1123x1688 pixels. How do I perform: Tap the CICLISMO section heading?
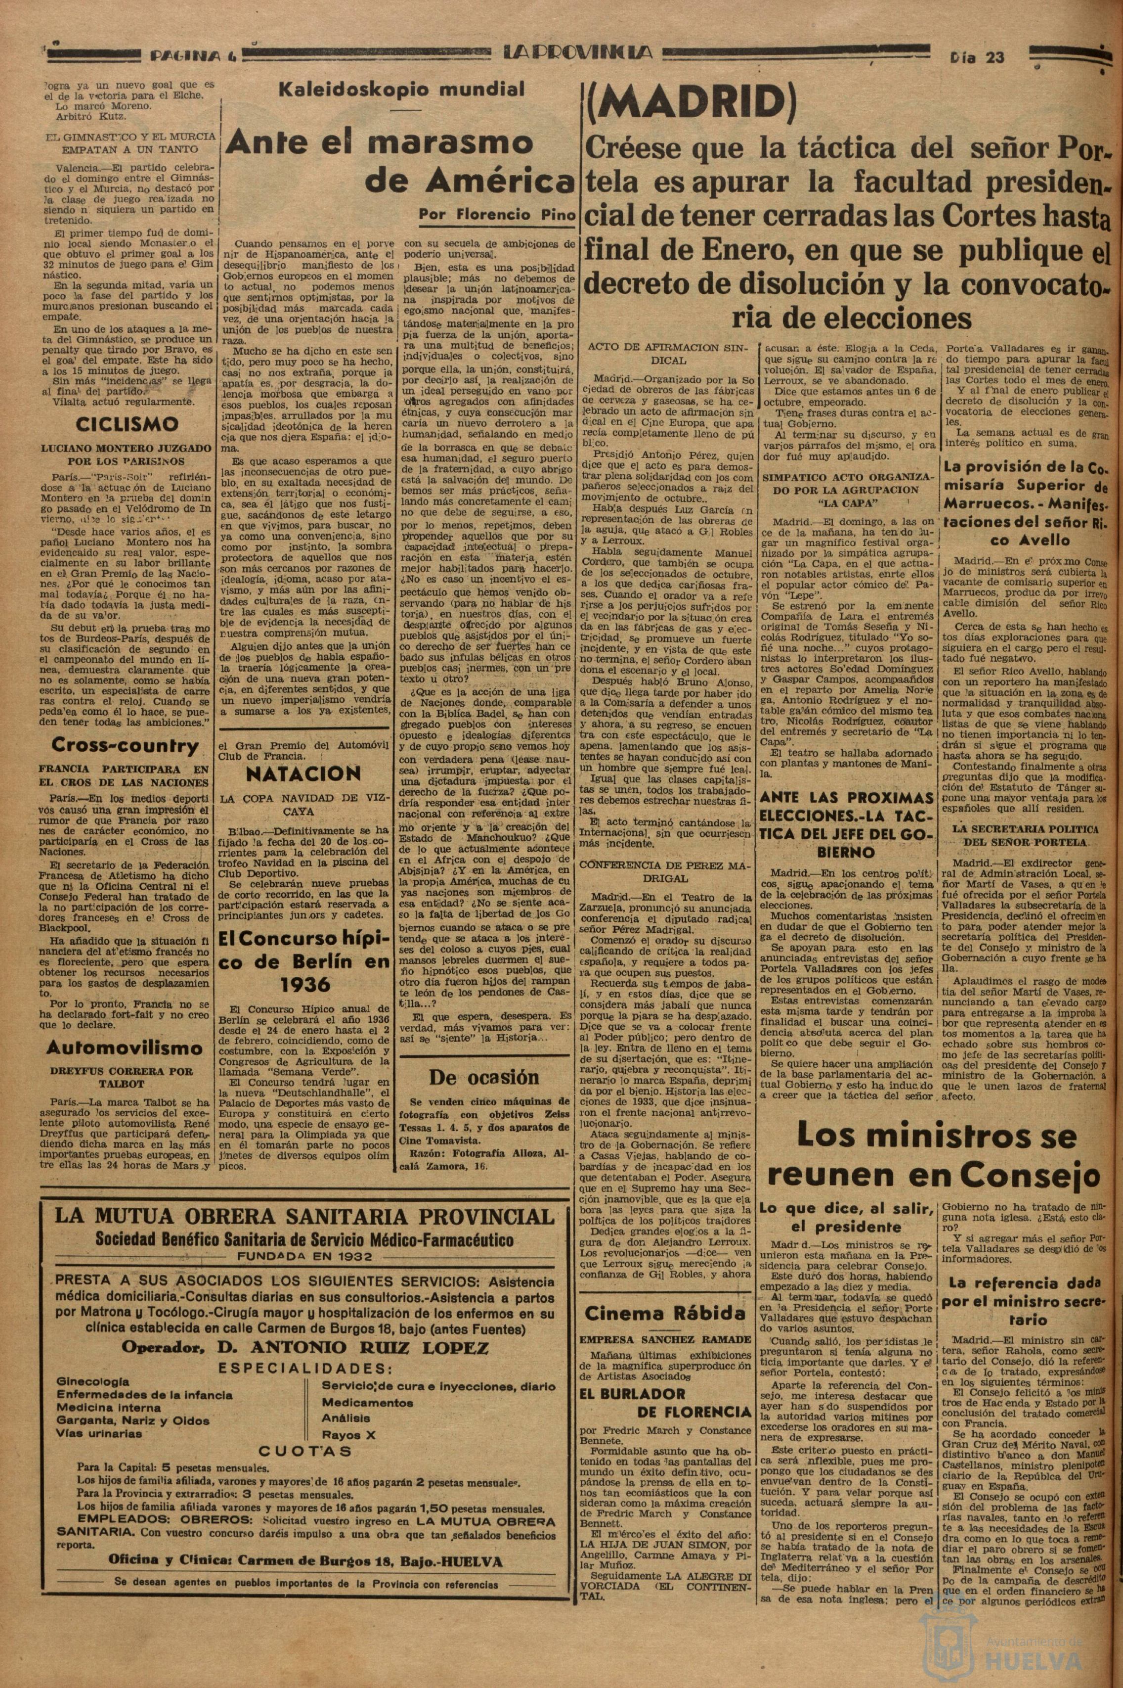tap(126, 424)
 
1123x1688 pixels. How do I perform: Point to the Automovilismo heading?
tap(125, 1048)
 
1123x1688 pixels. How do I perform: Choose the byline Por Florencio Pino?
tap(494, 214)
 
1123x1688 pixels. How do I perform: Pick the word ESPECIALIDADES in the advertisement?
tap(303, 1367)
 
